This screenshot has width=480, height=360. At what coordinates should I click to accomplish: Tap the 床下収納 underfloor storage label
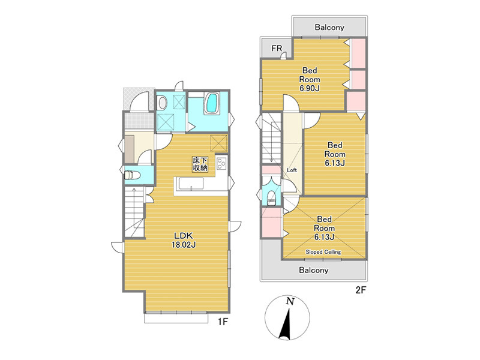coord(200,164)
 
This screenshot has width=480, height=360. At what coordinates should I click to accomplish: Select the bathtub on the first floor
coord(212,103)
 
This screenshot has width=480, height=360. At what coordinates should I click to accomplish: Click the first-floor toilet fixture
coord(132,175)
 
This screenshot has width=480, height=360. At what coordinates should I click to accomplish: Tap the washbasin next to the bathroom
coord(161,103)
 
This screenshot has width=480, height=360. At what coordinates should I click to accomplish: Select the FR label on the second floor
coord(277,49)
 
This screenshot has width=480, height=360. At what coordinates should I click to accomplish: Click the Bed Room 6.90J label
coord(310,79)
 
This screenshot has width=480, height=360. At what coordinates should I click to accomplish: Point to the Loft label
coord(292,170)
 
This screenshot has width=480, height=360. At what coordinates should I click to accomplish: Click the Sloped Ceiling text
coord(323,252)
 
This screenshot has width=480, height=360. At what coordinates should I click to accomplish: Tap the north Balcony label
coord(329,27)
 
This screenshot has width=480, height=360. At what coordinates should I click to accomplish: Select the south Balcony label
coord(314,270)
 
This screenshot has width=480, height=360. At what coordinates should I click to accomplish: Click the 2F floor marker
coord(361,290)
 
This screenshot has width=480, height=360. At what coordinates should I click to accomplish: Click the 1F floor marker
coord(223,322)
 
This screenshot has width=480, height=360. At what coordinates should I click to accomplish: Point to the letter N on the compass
coord(290,302)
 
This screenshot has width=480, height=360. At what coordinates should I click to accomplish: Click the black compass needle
coord(286,325)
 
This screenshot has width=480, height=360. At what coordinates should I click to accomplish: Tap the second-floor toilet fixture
coord(271,197)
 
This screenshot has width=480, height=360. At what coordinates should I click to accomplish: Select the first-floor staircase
coord(134,212)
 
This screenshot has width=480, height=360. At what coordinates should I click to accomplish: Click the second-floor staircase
coord(271,139)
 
